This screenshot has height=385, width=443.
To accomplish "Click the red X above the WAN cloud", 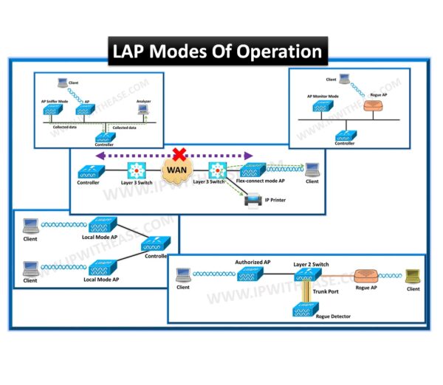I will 178,154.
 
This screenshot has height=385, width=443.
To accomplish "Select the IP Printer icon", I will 253,198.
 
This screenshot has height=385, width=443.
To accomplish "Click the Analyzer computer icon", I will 143,110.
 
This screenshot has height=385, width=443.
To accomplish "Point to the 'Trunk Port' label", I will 326,291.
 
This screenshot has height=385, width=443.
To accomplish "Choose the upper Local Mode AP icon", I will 101,223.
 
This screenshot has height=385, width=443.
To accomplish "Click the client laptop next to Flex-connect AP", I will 312,169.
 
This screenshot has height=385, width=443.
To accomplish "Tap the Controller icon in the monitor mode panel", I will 345,135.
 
